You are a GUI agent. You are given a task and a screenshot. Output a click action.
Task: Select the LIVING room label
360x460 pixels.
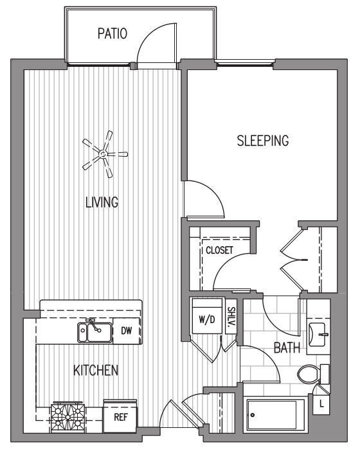coord(102,202)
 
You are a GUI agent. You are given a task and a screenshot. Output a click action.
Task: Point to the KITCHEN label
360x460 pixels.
coord(96,370)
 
